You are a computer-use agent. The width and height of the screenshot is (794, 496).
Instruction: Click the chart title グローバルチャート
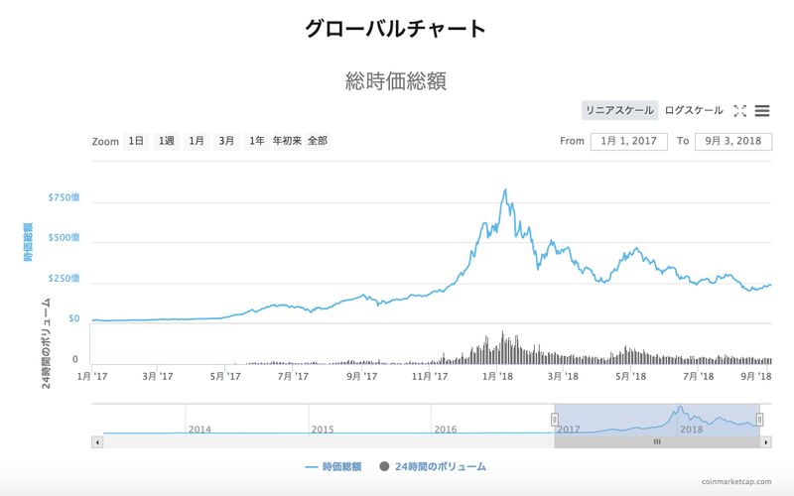[x=396, y=28]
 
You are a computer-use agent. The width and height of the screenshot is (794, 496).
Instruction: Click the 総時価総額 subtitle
[x=396, y=80]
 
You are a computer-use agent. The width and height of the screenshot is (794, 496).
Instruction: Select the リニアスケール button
[x=619, y=110]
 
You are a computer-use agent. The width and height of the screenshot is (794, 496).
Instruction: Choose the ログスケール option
[x=694, y=110]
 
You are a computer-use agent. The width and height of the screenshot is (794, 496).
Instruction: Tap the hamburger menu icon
[x=762, y=111]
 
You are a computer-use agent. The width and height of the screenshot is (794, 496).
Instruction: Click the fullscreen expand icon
[x=739, y=111]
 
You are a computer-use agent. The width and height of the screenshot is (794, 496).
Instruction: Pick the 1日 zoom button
[x=136, y=141]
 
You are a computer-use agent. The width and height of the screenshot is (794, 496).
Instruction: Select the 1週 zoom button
[x=166, y=141]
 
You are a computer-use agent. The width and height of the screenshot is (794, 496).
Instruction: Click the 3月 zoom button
[x=227, y=141]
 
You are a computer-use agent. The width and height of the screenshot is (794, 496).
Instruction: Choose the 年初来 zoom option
[x=286, y=141]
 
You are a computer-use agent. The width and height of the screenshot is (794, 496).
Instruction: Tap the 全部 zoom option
[x=318, y=141]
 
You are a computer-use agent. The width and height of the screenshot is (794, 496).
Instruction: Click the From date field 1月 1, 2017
[x=629, y=141]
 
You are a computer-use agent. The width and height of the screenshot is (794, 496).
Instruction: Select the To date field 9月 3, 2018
[x=733, y=141]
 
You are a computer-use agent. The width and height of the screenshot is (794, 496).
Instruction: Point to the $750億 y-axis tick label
[x=64, y=197]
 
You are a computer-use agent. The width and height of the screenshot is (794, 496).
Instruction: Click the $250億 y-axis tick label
[x=64, y=279]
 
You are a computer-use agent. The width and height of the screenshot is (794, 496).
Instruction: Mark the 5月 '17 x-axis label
[x=225, y=376]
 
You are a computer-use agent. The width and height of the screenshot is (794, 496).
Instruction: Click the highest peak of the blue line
[x=505, y=189]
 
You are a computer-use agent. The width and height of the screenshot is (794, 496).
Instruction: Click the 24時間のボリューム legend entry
[x=433, y=465]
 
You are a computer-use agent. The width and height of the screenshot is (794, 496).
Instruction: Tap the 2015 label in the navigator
[x=323, y=430]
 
